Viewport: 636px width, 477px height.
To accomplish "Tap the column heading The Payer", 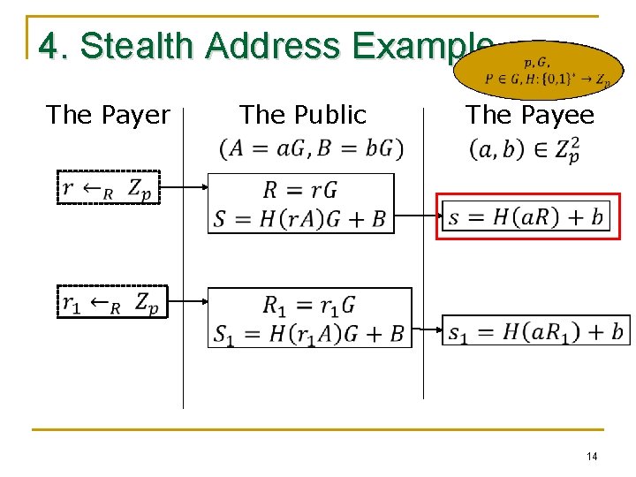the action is click(x=108, y=115).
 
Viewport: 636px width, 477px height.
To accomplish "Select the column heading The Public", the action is click(x=302, y=115).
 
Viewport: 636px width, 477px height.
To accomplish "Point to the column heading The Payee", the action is click(x=530, y=115).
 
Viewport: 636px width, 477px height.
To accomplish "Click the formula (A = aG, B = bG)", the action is click(x=311, y=148).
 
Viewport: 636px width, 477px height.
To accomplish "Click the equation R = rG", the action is click(x=300, y=189).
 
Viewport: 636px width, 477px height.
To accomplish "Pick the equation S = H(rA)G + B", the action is click(x=300, y=218).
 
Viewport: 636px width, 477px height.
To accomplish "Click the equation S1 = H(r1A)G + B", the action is click(x=308, y=333).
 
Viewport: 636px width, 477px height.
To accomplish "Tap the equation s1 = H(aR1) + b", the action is click(x=536, y=331).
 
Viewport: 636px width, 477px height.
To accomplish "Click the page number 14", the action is click(x=592, y=456).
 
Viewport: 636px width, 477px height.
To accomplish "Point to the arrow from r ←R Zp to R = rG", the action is click(x=184, y=187).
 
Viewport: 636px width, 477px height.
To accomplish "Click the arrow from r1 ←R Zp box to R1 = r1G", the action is click(x=184, y=302).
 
